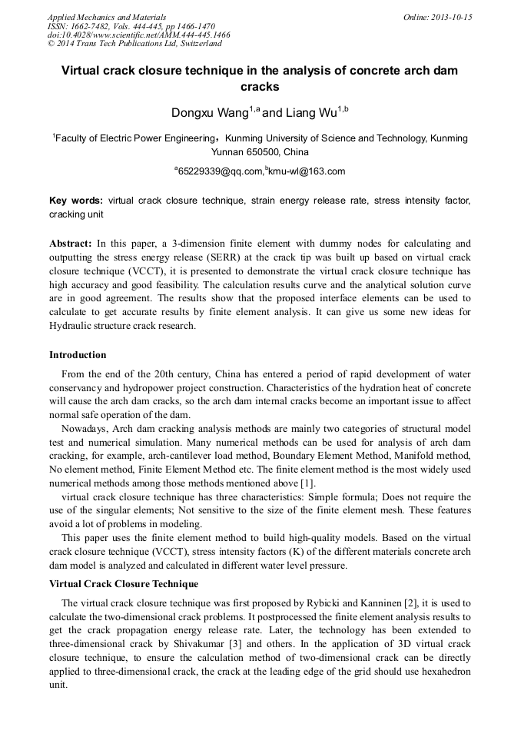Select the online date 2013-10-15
pyautogui.click(x=452, y=16)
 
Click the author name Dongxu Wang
pyautogui.click(x=209, y=114)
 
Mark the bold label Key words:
pyautogui.click(x=76, y=201)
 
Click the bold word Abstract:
pyautogui.click(x=71, y=242)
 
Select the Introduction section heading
pyautogui.click(x=78, y=355)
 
